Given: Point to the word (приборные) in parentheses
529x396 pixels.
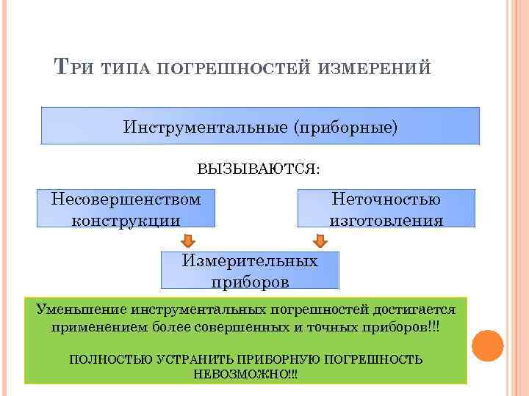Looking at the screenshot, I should click(x=345, y=126).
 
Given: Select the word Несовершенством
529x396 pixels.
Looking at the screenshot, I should click(x=126, y=199).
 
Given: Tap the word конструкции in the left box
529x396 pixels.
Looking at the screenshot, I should click(x=126, y=219).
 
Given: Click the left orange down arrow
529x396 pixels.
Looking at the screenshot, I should click(x=188, y=241).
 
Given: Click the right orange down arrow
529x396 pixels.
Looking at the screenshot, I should click(x=320, y=241).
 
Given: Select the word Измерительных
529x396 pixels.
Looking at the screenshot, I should click(x=250, y=261).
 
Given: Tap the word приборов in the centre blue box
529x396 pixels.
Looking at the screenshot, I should click(x=250, y=282).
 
